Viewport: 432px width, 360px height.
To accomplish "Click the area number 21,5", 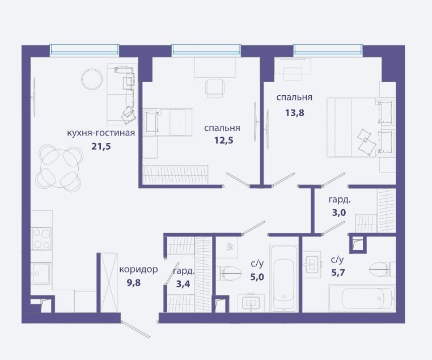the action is (x=101, y=146).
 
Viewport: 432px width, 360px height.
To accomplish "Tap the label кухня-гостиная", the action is (x=101, y=133).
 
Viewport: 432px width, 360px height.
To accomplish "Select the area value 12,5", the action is (x=223, y=141).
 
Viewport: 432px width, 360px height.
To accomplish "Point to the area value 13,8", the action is (x=295, y=113).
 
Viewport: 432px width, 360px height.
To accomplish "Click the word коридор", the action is (x=138, y=269).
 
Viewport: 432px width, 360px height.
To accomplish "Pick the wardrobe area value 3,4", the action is (x=183, y=283).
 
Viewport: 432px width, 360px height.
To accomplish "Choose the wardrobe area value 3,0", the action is (x=338, y=213).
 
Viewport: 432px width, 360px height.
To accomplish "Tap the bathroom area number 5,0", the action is (x=257, y=277).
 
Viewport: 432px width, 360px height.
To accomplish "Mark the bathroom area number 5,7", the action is (x=338, y=273).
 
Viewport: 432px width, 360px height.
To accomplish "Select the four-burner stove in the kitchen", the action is (x=41, y=239).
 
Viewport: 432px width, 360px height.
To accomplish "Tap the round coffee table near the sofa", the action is (x=92, y=79).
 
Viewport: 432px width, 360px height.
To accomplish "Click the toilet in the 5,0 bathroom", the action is (x=228, y=273).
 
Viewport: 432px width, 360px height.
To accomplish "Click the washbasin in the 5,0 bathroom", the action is (x=251, y=303).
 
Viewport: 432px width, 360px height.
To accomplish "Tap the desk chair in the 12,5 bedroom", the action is (x=215, y=88).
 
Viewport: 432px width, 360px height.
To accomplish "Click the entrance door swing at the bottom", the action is (x=135, y=329).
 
